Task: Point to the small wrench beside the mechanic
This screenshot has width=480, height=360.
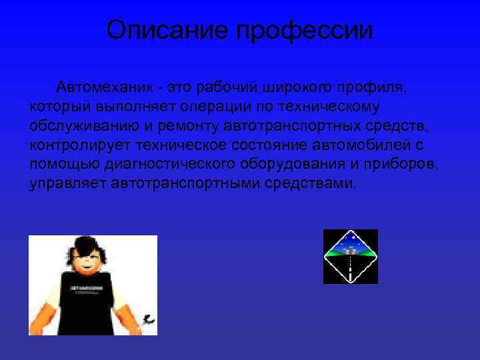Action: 148,320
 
